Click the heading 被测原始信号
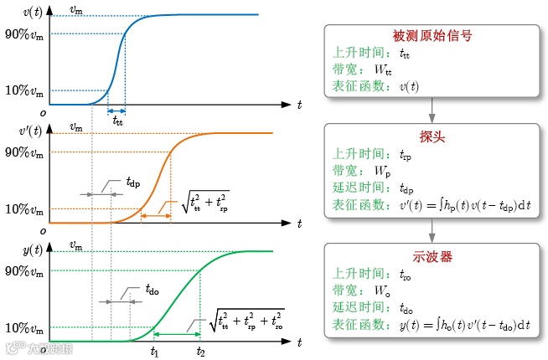click(432, 37)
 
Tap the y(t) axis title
click(34, 249)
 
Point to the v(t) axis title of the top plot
click(34, 13)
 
